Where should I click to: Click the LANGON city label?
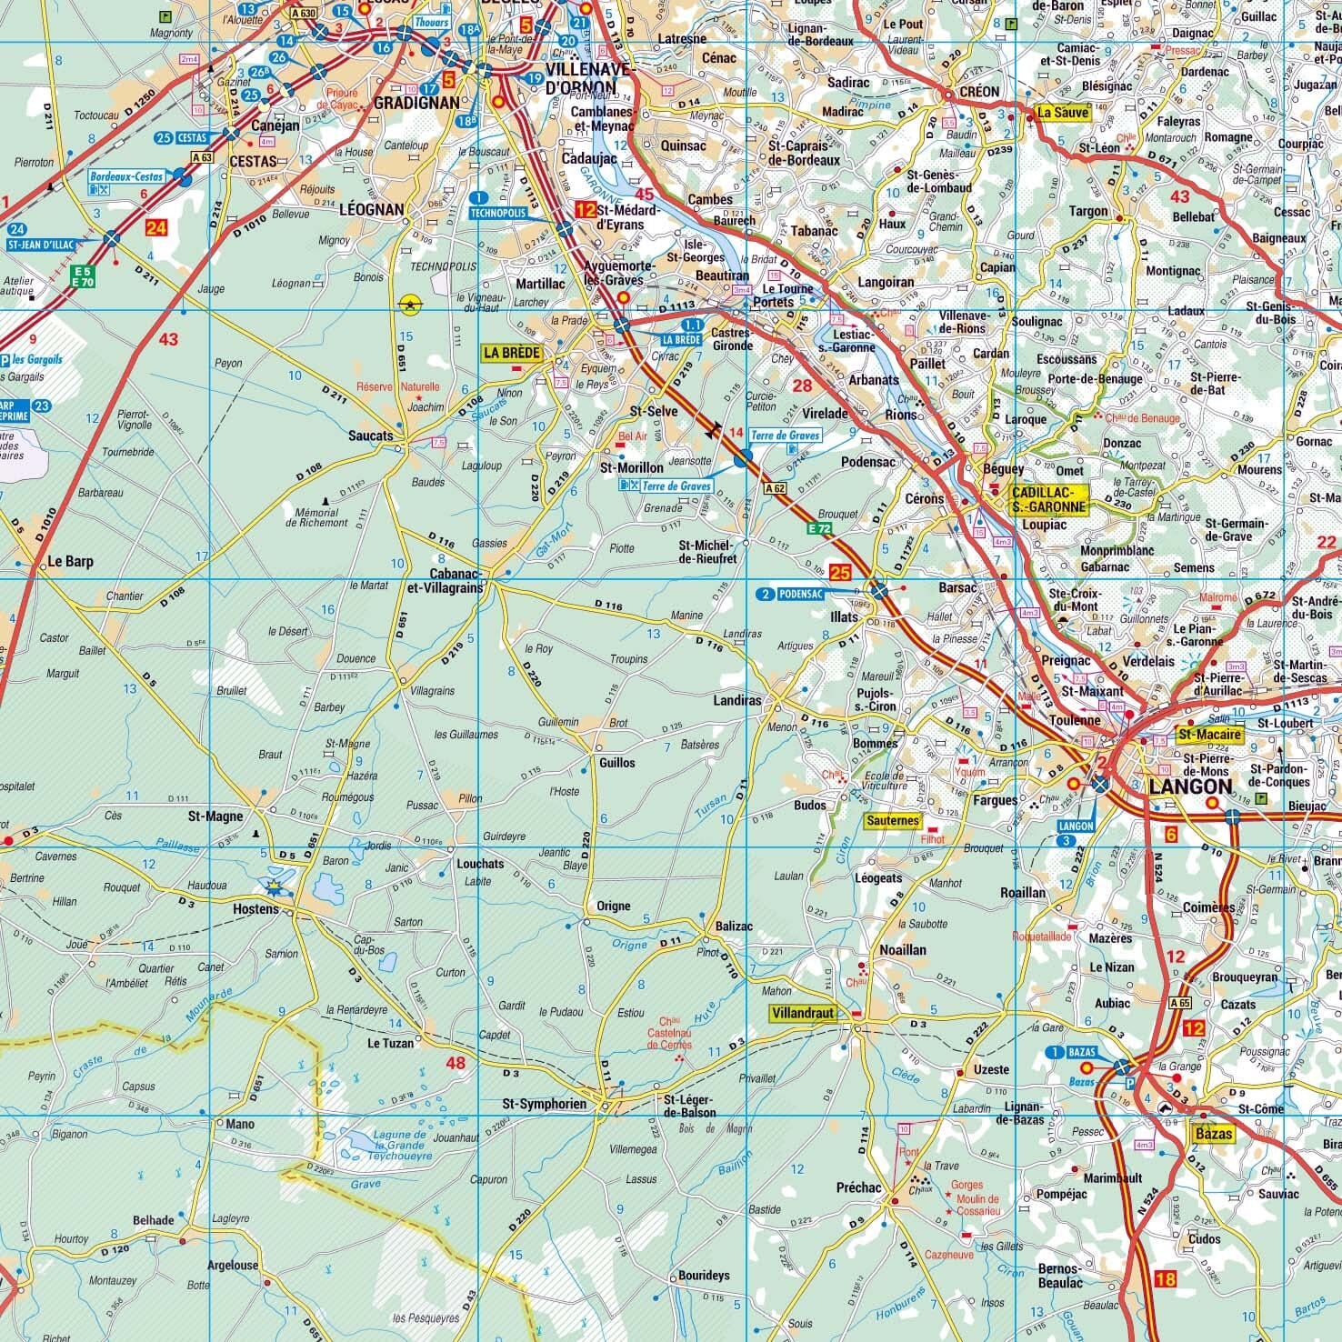tap(1190, 786)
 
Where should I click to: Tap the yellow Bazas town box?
tap(1214, 1134)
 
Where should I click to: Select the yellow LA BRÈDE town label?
tap(512, 353)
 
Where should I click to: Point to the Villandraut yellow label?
tap(801, 1013)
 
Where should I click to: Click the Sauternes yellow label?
tap(892, 820)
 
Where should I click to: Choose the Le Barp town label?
tap(71, 561)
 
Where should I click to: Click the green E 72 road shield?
tap(818, 527)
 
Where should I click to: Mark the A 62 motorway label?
tap(775, 488)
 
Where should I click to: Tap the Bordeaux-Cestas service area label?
tap(125, 175)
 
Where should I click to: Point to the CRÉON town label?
tap(977, 92)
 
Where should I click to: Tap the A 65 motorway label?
tap(1179, 1003)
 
